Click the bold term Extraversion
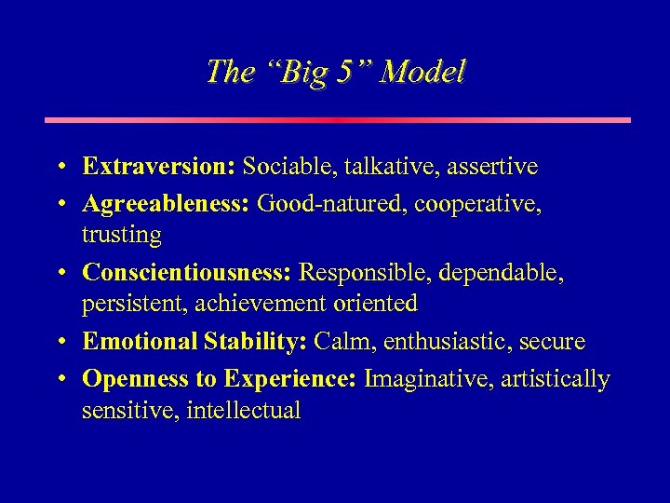point(158,167)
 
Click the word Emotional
point(139,342)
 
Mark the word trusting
point(121,236)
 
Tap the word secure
point(556,342)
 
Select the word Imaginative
point(425,378)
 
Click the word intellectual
point(244,411)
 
